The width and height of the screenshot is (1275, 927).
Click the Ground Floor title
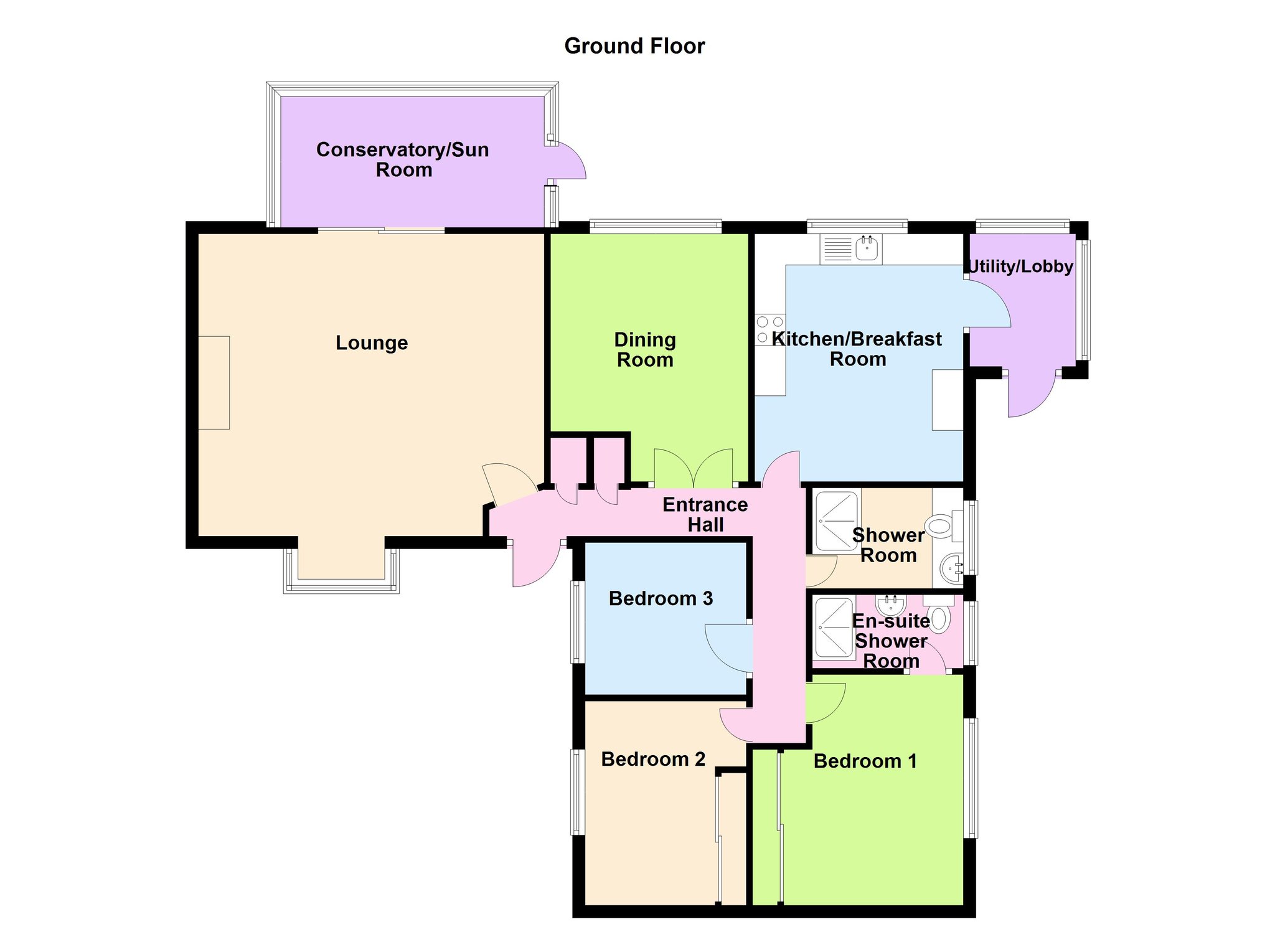(x=634, y=46)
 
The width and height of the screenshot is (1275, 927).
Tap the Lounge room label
(x=372, y=343)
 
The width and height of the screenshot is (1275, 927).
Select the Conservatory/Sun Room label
(x=403, y=159)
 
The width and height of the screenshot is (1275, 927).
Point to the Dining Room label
(x=645, y=350)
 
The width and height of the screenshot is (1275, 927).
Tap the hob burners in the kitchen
(x=770, y=329)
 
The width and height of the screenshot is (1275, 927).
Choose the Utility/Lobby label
(x=1020, y=266)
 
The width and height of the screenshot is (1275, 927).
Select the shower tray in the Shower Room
(x=837, y=521)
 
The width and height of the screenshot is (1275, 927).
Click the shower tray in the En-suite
(x=834, y=628)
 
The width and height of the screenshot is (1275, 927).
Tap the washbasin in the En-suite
(x=890, y=604)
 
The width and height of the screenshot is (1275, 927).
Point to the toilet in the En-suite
(x=939, y=614)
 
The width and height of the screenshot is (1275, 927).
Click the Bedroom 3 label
(x=661, y=599)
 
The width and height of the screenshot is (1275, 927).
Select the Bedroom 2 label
(x=653, y=760)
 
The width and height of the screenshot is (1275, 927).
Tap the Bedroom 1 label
(x=865, y=761)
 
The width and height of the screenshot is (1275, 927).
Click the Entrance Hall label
(x=705, y=515)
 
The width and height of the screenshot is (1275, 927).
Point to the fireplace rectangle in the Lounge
(x=214, y=383)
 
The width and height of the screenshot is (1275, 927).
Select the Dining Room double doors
(x=694, y=468)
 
